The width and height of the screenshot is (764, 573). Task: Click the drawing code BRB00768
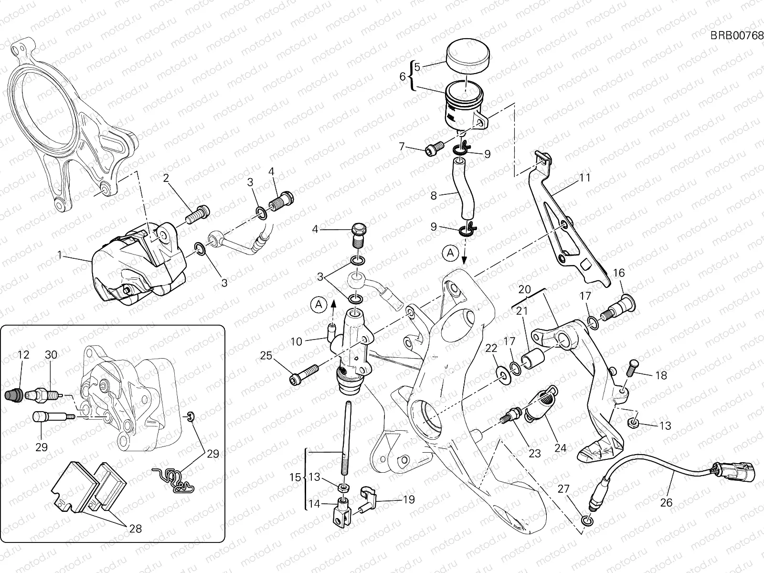click(736, 35)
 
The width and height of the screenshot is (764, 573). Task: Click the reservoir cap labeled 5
click(468, 57)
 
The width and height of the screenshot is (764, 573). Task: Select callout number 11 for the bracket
click(585, 178)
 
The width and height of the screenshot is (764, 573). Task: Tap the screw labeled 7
click(434, 150)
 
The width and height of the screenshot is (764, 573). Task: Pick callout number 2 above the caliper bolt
click(166, 178)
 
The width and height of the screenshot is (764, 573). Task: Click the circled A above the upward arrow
click(318, 303)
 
